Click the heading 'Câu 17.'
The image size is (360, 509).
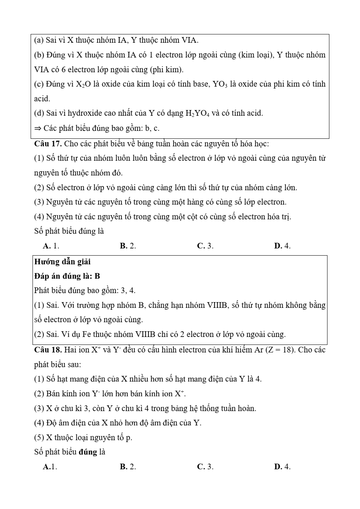pos(48,144)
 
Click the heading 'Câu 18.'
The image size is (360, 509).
pos(48,350)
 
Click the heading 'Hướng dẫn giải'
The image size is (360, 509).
pos(62,262)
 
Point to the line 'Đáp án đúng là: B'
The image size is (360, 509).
pos(67,276)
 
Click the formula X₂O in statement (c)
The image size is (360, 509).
pos(83,84)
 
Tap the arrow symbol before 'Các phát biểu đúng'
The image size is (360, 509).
pos(37,128)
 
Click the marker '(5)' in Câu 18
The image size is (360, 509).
pos(39,438)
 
